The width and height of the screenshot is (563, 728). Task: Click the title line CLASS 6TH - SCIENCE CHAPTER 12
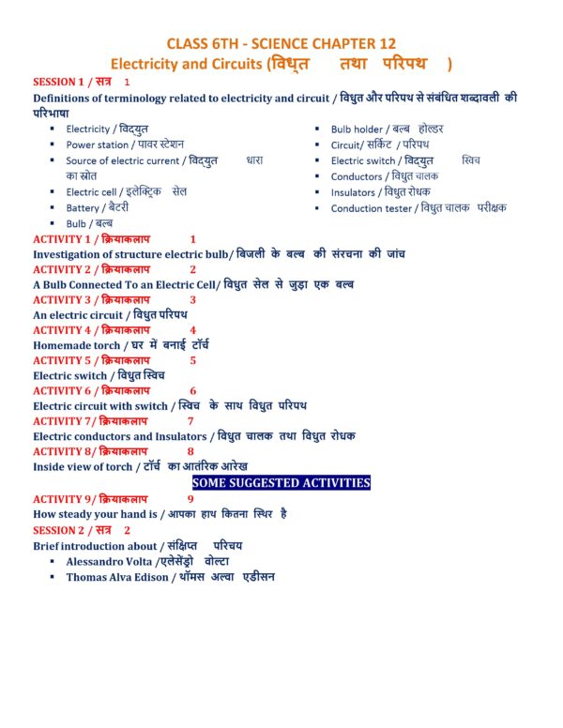281,43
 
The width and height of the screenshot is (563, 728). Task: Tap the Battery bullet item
98,207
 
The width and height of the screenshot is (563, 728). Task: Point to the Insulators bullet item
381,192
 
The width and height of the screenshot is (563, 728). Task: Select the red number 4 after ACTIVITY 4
193,330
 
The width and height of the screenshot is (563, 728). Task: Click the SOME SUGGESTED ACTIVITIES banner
281,482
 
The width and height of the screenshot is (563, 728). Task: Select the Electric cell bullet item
126,191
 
